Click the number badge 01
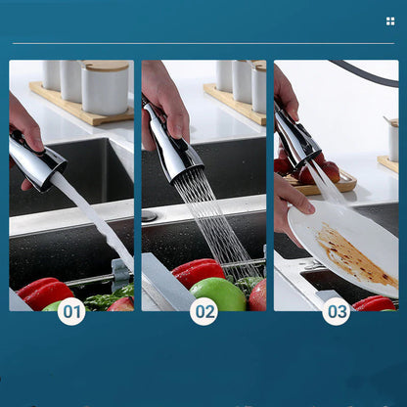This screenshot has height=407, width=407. [71, 311]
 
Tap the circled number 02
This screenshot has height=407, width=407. [203, 311]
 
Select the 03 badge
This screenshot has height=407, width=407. [337, 311]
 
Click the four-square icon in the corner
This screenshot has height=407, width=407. [390, 21]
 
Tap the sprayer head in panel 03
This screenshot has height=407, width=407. [296, 140]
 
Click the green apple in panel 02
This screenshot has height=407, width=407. [217, 294]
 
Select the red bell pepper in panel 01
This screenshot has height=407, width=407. [44, 292]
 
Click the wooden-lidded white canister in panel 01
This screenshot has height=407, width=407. [105, 87]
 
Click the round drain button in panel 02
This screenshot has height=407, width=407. [149, 215]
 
